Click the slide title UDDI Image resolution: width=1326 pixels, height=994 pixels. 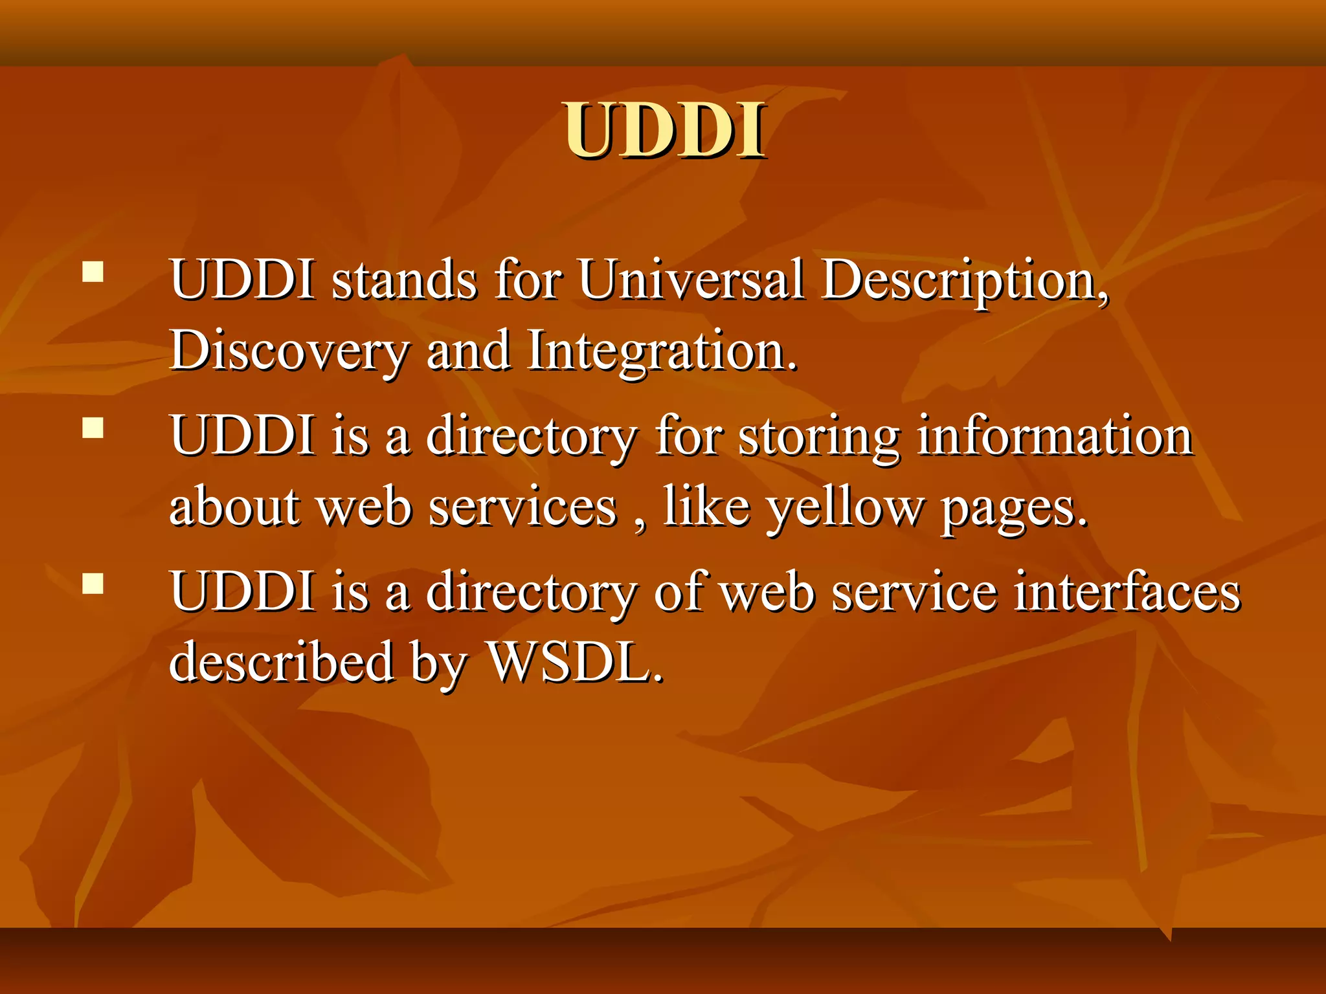(664, 131)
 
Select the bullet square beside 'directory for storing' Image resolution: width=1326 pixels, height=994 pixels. (93, 428)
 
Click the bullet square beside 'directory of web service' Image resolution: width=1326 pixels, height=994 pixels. (93, 583)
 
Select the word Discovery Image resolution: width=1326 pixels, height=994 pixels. (289, 351)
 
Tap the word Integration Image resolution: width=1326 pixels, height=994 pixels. (661, 352)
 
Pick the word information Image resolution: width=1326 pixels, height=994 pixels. (1055, 435)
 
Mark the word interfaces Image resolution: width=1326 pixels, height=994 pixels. (1126, 591)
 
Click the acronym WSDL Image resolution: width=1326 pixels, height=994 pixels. (575, 661)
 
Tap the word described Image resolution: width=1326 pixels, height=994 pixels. (281, 661)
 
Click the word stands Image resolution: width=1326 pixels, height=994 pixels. (405, 281)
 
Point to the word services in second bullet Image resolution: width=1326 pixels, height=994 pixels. (523, 507)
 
